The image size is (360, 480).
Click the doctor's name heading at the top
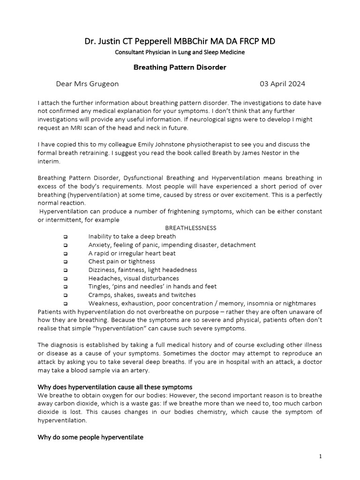point(180,41)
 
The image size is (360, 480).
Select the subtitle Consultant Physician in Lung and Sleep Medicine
point(180,52)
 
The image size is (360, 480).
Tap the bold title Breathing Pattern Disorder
point(180,67)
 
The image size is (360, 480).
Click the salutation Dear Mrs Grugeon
point(87,84)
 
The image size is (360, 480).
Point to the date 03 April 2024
point(282,84)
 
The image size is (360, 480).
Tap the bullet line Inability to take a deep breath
point(132,236)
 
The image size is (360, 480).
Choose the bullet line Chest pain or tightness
point(121,262)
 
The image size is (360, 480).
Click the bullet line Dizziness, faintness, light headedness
point(142,270)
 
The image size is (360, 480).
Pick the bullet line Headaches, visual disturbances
point(134,278)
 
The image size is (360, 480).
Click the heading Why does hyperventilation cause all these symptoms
point(115,387)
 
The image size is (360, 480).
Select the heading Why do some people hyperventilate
point(90,437)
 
